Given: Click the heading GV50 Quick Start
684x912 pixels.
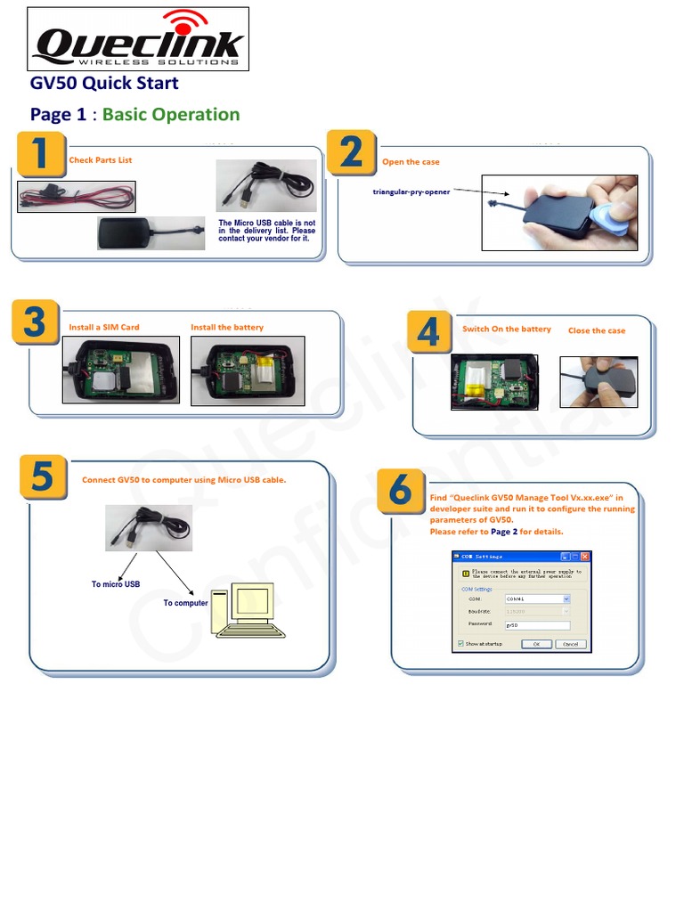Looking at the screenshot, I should coord(104,83).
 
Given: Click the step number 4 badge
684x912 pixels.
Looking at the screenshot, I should coord(428,332).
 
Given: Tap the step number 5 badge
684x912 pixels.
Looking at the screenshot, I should coord(42,477).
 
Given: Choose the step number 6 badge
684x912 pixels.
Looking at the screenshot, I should coord(402,491).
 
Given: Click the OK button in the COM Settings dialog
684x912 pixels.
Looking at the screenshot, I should coord(536,644).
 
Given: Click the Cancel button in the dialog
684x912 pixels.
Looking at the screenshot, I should coord(570,644).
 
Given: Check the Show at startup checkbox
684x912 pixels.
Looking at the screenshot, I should coord(460,643).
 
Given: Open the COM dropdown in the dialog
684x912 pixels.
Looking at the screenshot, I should coord(566,599).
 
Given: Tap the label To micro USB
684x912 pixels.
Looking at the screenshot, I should coord(116,584).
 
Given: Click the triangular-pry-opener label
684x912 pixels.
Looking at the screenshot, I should coord(411,191).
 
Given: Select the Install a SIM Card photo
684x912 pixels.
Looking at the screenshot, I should coord(120,370).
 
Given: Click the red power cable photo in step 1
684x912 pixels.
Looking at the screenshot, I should coord(77,197).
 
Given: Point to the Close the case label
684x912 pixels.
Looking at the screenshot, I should coord(597,330).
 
